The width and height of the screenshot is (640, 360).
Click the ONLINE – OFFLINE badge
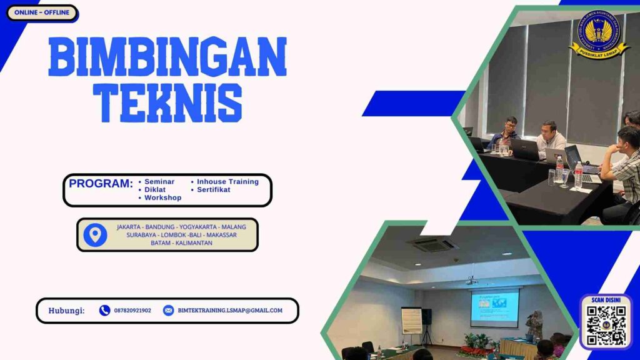pyautogui.click(x=42, y=12)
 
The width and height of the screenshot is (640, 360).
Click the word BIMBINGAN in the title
pyautogui.click(x=167, y=57)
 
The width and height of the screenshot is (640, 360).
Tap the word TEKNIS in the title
pyautogui.click(x=167, y=102)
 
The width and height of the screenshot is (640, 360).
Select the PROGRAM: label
pyautogui.click(x=101, y=184)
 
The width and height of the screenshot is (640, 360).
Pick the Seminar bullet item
pyautogui.click(x=159, y=182)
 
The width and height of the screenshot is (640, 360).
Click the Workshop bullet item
pyautogui.click(x=162, y=197)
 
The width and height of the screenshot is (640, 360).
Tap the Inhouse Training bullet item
pyautogui.click(x=227, y=182)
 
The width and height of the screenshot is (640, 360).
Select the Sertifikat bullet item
pyautogui.click(x=213, y=189)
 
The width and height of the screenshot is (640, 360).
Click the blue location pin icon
pyautogui.click(x=95, y=234)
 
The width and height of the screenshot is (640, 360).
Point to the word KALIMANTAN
pyautogui.click(x=194, y=242)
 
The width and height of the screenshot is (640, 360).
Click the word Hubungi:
pyautogui.click(x=66, y=310)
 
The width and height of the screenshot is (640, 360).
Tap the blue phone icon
pyautogui.click(x=104, y=310)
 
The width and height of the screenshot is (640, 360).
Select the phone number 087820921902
pyautogui.click(x=132, y=310)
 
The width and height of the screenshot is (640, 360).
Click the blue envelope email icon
pyautogui.click(x=168, y=310)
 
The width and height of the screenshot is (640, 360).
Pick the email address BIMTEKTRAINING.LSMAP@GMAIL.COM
pyautogui.click(x=230, y=310)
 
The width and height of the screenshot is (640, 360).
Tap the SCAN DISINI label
pyautogui.click(x=606, y=301)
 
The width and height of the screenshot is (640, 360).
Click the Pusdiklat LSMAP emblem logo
pyautogui.click(x=599, y=34)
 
